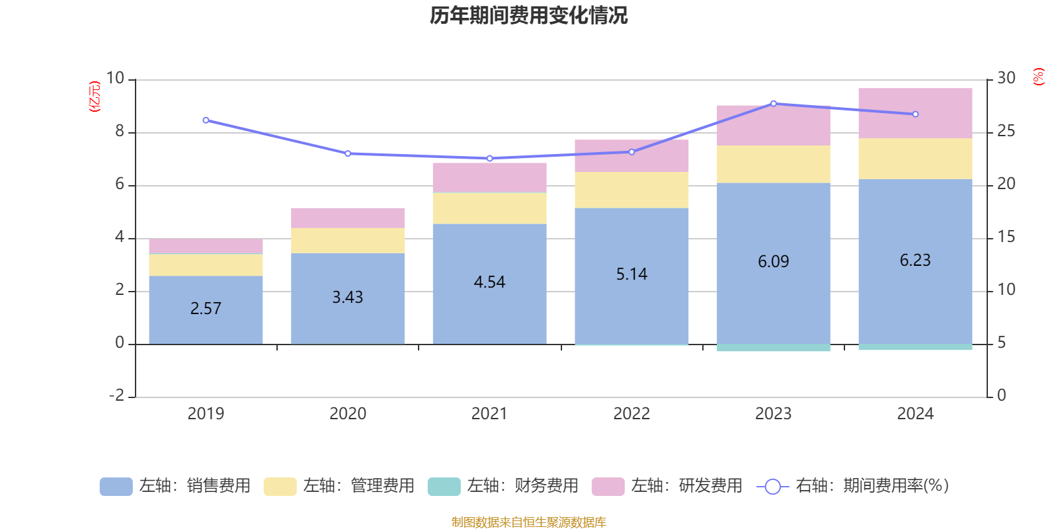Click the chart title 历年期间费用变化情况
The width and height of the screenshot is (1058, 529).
pyautogui.click(x=528, y=15)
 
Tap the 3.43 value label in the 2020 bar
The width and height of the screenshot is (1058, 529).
pyautogui.click(x=348, y=298)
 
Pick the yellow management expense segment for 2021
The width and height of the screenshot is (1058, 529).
pyautogui.click(x=489, y=208)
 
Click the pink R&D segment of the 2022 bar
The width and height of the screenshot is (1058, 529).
pyautogui.click(x=631, y=156)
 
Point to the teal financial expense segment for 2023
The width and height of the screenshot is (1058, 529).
pyautogui.click(x=774, y=348)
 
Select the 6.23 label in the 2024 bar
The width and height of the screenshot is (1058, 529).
pyautogui.click(x=915, y=261)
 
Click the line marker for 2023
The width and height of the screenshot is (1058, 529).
pyautogui.click(x=774, y=104)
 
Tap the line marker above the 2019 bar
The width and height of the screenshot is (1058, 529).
pyautogui.click(x=206, y=120)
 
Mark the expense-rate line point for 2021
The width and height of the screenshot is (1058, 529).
pyautogui.click(x=489, y=159)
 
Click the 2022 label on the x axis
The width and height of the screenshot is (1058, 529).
pyautogui.click(x=631, y=414)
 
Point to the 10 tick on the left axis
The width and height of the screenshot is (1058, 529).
pyautogui.click(x=116, y=79)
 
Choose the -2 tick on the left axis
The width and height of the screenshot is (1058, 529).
pyautogui.click(x=116, y=395)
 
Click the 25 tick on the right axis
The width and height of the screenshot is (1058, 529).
pyautogui.click(x=1006, y=132)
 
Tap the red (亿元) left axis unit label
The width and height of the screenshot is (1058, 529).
pyautogui.click(x=95, y=97)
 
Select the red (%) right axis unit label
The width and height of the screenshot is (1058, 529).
pyautogui.click(x=1039, y=77)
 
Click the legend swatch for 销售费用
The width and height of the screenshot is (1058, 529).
pyautogui.click(x=116, y=487)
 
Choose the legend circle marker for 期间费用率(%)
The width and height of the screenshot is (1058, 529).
pyautogui.click(x=772, y=487)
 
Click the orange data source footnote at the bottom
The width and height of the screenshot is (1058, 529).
pyautogui.click(x=528, y=522)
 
